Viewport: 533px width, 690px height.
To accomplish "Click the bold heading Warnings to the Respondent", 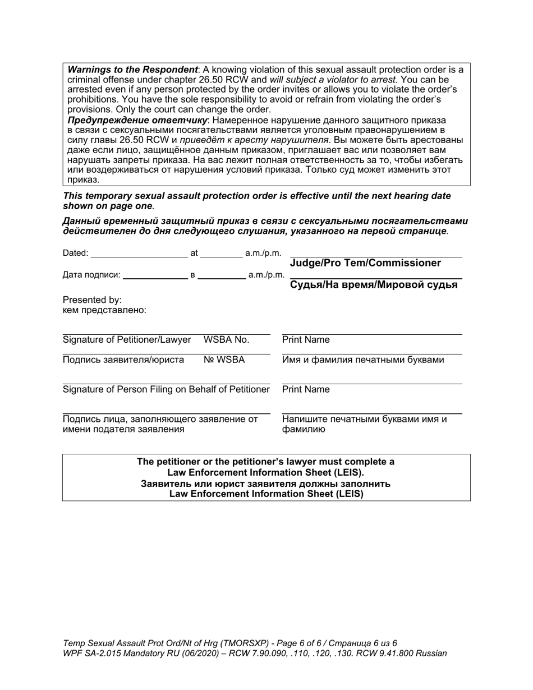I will point(132,70).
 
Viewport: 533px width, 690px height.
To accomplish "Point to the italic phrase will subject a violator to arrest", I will point(332,80).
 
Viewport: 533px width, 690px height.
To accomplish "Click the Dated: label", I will point(75,253).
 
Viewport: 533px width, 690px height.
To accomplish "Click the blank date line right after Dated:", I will point(139,254).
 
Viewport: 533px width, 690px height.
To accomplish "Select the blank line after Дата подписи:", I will point(155,275).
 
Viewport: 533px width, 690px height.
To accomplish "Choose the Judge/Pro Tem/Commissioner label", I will point(365,263).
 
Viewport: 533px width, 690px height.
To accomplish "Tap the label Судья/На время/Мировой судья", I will point(373,284).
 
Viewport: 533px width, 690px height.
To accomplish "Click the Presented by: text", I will point(92,300).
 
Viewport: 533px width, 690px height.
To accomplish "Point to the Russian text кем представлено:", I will point(104,310).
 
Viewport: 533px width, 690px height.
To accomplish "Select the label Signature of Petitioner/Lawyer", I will point(127,339).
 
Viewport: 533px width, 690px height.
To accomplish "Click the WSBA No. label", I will point(226,339).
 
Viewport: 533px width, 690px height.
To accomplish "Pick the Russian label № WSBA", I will point(224,360).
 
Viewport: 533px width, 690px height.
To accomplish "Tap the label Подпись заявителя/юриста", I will point(123,360).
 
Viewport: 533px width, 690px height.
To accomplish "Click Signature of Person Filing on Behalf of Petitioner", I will point(166,389).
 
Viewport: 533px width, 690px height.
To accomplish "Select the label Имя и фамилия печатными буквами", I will point(363,360).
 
